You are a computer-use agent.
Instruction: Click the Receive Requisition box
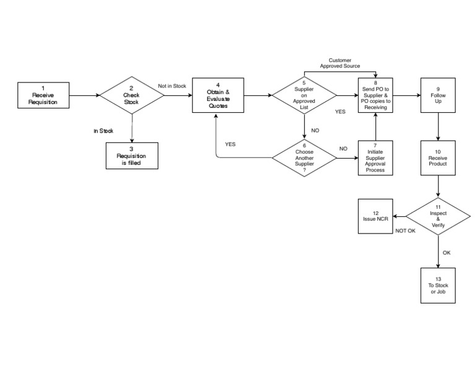43,95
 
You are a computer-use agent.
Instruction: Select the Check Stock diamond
131,95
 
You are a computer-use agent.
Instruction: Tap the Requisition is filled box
131,156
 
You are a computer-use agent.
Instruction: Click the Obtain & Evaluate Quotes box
218,95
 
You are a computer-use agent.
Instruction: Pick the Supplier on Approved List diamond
304,95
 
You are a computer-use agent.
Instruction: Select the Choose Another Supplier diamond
304,159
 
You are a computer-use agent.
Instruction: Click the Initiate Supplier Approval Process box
375,159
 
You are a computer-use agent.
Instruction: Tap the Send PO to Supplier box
375,95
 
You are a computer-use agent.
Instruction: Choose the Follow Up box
438,95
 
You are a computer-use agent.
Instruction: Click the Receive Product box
438,158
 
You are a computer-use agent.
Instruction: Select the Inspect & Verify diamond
438,217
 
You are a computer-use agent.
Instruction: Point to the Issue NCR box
375,217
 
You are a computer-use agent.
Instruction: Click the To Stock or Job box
438,285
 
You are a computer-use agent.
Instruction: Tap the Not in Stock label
172,85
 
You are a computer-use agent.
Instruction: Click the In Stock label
103,131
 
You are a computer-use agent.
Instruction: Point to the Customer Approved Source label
340,63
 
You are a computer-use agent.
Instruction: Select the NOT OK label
405,231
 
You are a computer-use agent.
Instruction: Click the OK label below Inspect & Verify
447,253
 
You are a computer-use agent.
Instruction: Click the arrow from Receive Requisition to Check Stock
85,95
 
